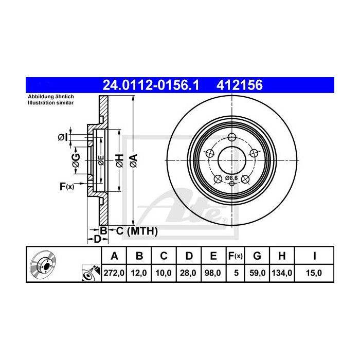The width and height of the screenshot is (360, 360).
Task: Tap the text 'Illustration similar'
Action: click(50, 103)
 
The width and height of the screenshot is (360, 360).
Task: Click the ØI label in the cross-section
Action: click(62, 136)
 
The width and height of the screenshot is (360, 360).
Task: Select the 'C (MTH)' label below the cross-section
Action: click(133, 231)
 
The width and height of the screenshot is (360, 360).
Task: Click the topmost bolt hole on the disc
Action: click(232, 137)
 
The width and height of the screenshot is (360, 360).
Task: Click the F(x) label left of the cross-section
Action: click(67, 186)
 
